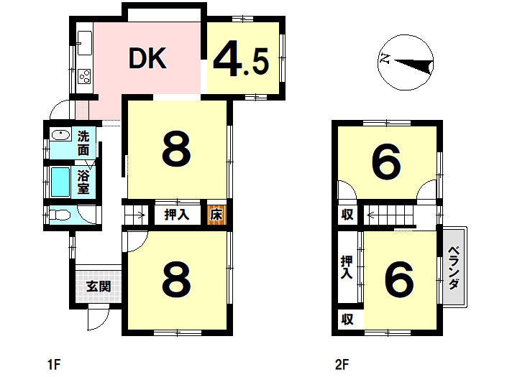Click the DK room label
pos(147,58)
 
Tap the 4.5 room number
pos(241,61)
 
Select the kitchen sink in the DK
pos(85,43)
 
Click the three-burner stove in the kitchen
pos(85,76)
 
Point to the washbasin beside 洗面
pos(61,134)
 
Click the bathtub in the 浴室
pos(60,182)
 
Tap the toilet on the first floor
pos(59,215)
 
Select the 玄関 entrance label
pos(99,287)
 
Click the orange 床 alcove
pos(216,215)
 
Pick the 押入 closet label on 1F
pos(176,215)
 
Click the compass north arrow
pos(414,65)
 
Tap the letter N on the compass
pos(385,59)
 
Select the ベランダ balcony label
pos(454,268)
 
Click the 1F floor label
pos(54,365)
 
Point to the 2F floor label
pos(342,365)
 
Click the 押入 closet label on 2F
pos(347,267)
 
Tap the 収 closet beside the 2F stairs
pos(347,215)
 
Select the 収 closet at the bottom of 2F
pos(347,320)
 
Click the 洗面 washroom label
pos(83,144)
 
